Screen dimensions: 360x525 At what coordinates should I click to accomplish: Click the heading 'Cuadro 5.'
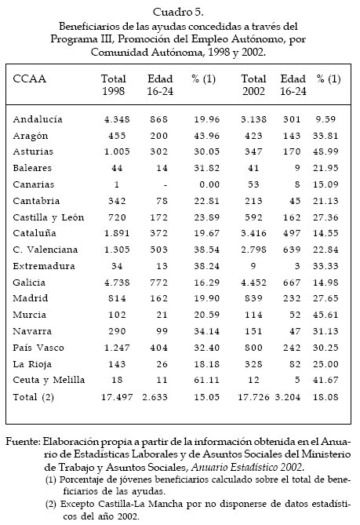click(178, 12)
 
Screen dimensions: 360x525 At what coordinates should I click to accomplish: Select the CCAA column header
click(30, 79)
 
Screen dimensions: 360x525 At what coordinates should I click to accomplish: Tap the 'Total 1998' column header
click(114, 85)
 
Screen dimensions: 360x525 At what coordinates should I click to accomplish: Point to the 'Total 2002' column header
click(253, 85)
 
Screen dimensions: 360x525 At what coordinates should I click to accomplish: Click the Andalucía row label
click(38, 119)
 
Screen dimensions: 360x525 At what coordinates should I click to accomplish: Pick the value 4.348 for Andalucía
click(117, 119)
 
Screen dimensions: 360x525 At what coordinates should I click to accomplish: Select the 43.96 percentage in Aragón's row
click(207, 136)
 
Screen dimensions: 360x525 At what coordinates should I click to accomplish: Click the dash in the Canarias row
click(165, 185)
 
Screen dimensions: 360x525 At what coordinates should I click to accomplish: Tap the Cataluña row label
click(35, 233)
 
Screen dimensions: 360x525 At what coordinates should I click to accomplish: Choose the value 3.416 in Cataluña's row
click(253, 233)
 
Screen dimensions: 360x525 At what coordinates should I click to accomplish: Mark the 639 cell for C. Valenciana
click(292, 250)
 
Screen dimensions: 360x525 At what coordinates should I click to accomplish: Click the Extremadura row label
click(44, 266)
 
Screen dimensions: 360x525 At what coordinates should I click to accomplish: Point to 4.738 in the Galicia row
click(117, 283)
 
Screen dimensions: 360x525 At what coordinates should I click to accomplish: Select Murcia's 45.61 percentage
click(325, 315)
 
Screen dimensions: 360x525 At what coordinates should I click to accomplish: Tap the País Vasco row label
click(38, 348)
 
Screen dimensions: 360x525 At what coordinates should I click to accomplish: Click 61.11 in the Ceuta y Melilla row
click(207, 380)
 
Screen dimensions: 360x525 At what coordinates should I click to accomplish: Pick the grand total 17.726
click(253, 397)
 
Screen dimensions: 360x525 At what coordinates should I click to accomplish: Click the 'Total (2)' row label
click(34, 397)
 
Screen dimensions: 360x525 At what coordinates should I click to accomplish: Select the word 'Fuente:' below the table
click(23, 442)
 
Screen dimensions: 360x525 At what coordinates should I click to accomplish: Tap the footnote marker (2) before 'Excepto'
click(50, 504)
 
